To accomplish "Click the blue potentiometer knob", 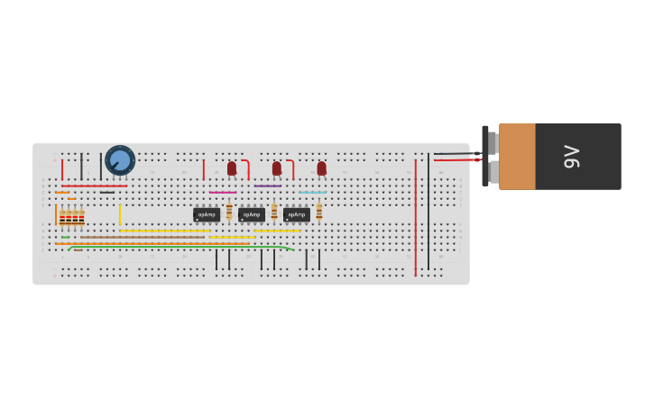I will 120,160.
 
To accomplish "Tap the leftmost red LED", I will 232,168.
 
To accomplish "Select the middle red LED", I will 277,168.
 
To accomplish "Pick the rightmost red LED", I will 321,168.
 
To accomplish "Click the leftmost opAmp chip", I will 207,214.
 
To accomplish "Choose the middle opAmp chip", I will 252,214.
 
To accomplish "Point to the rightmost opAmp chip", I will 297,214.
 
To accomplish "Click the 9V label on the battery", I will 572,157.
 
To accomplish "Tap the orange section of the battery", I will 517,157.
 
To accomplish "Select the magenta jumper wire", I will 223,192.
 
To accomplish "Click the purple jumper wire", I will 268,186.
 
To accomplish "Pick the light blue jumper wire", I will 313,192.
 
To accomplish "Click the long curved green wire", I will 180,247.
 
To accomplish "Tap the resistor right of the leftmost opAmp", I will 229,212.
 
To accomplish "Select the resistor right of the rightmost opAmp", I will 319,212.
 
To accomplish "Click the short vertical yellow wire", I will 120,214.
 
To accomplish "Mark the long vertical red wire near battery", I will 415,216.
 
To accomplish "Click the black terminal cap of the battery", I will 485,156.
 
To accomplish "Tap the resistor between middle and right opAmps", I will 274,212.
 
